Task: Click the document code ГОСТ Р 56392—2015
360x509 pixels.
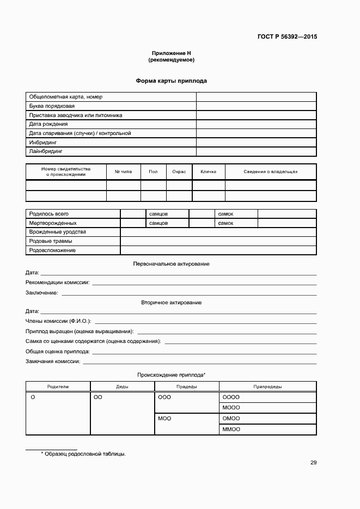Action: (x=287, y=37)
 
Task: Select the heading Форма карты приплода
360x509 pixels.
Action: (x=171, y=81)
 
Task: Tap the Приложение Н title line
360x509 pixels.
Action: (x=171, y=53)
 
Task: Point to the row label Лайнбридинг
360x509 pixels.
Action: (x=46, y=151)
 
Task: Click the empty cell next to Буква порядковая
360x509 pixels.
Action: (x=256, y=106)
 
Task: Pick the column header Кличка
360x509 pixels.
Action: (x=208, y=171)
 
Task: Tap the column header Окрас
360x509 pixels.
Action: (x=179, y=171)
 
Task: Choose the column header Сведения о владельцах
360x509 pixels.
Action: (x=270, y=171)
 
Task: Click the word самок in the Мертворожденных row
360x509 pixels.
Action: (x=225, y=223)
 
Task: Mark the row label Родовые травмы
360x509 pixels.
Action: (x=51, y=241)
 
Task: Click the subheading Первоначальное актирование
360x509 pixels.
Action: (x=171, y=263)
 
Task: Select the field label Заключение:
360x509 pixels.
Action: (x=42, y=293)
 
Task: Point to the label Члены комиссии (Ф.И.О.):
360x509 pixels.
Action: (x=58, y=321)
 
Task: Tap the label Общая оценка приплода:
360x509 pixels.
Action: (x=58, y=352)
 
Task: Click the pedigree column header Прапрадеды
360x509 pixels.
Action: (x=267, y=387)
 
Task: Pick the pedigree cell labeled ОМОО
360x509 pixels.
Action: (x=231, y=419)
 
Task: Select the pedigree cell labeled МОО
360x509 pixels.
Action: (x=164, y=419)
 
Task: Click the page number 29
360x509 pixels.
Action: (x=313, y=463)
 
